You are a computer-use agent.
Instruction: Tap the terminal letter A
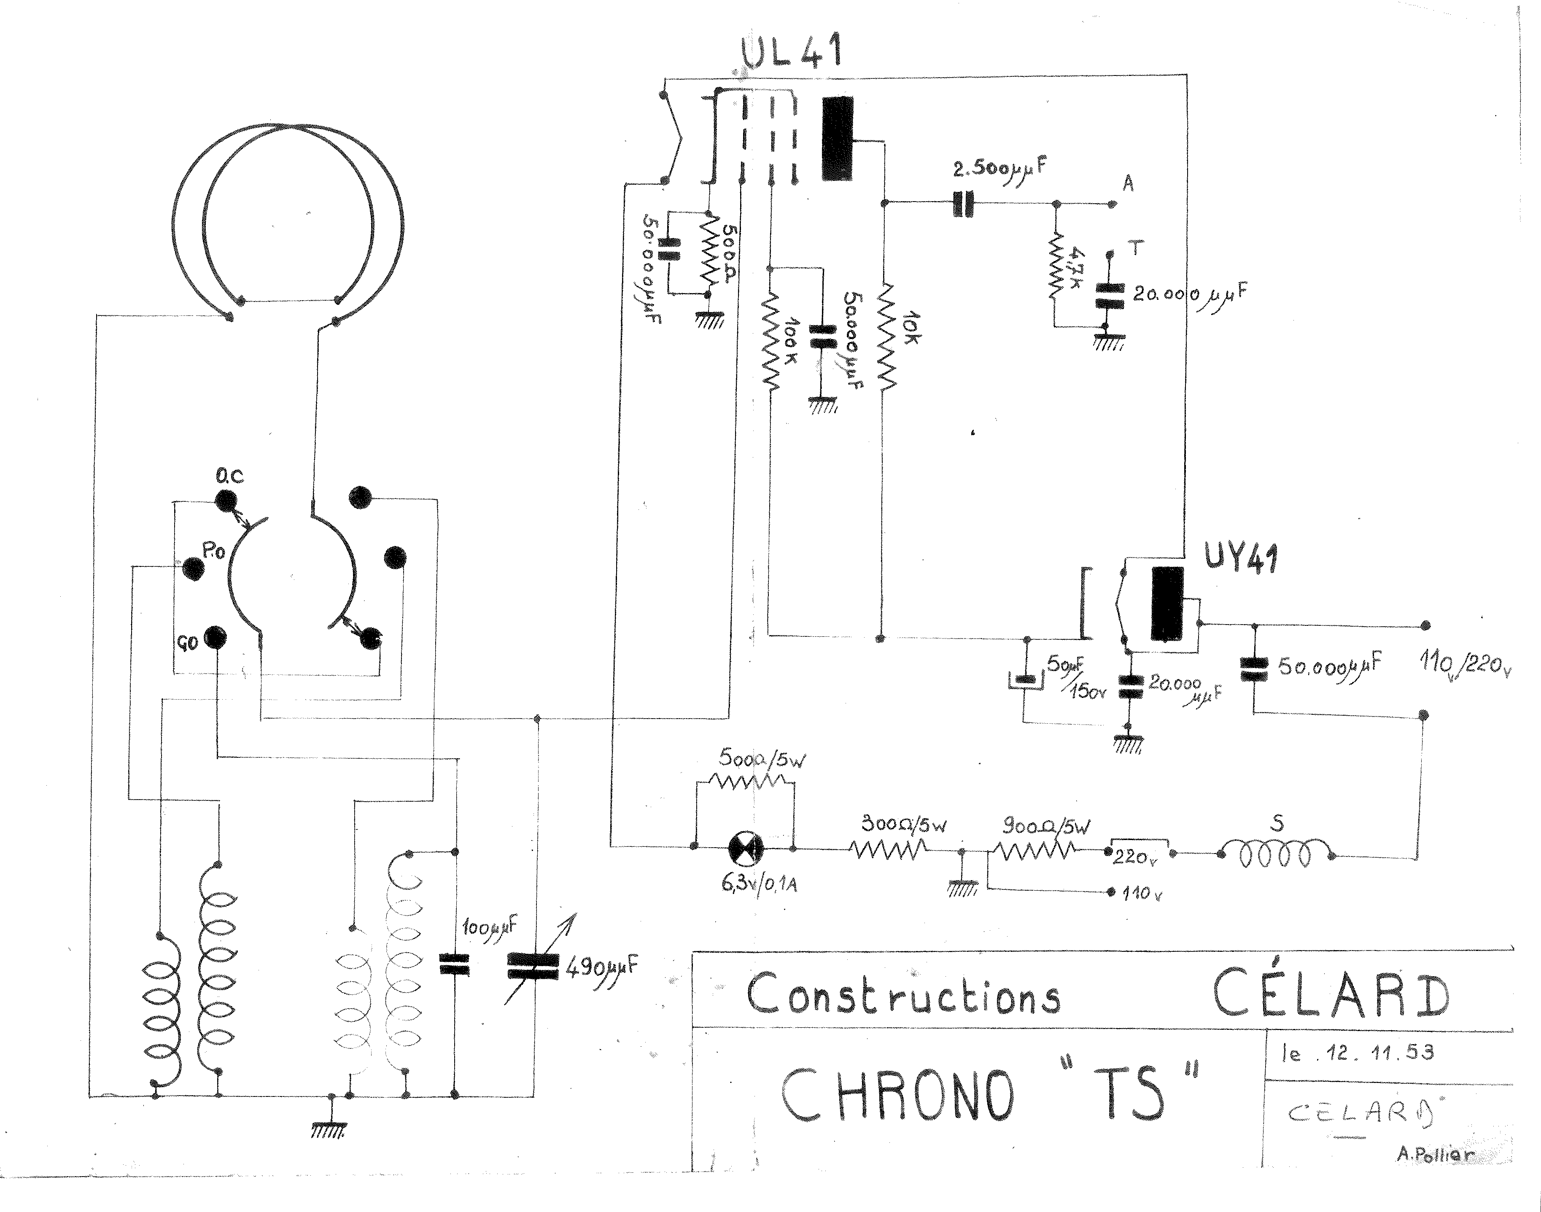1128,184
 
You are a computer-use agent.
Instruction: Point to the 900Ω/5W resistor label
1046,826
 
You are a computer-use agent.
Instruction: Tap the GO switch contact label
187,644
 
